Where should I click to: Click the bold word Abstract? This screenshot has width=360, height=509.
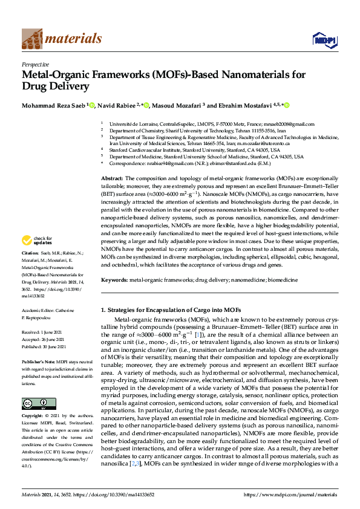111,179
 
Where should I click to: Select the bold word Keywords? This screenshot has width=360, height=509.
114,280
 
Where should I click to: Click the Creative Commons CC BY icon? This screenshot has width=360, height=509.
34,404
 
